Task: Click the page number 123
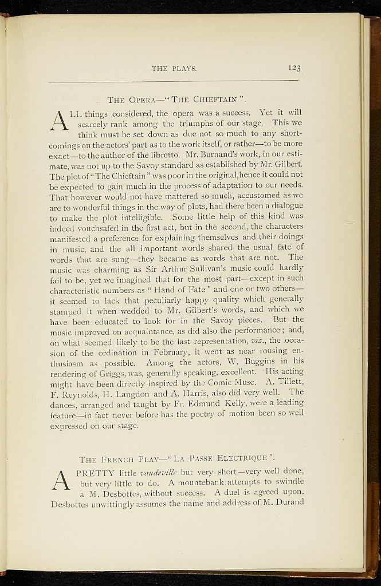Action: [x=294, y=68]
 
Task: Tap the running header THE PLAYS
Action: [x=174, y=69]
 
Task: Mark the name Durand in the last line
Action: [x=285, y=503]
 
